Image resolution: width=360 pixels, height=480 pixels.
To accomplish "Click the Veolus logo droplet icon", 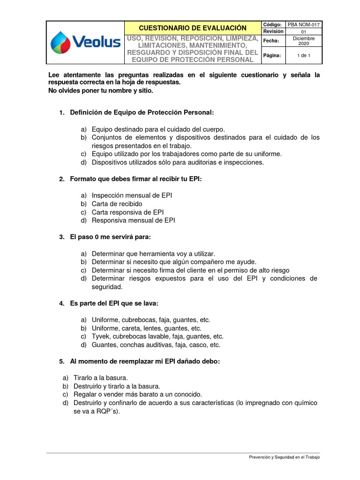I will (60, 42).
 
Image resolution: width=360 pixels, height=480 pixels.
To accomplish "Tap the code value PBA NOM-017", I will (304, 24).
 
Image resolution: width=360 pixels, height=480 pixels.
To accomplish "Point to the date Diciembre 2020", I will (304, 41).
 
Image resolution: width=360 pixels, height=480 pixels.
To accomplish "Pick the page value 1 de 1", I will (304, 55).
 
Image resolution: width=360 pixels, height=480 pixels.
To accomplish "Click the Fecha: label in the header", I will (271, 41).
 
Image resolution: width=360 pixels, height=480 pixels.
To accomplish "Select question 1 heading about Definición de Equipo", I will (142, 112).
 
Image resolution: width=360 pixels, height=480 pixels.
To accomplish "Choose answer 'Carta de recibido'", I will (117, 204).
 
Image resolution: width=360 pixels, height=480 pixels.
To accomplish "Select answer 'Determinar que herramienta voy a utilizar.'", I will (153, 254).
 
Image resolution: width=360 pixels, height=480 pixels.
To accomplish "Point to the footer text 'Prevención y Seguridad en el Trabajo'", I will (284, 457).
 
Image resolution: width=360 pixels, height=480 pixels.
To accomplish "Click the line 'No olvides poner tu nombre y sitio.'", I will (101, 90).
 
